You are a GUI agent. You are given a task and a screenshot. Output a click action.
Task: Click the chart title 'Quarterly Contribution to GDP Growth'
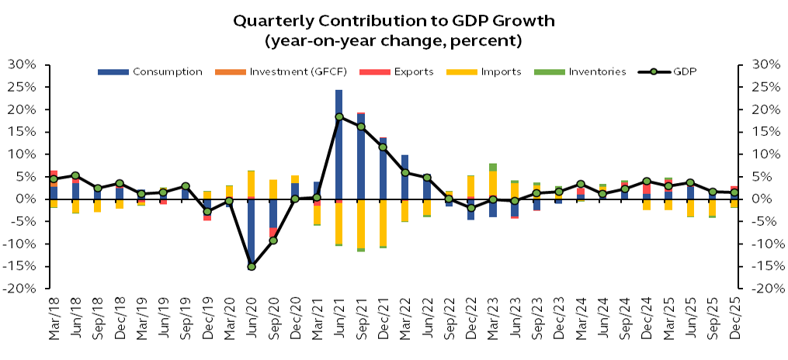(394, 20)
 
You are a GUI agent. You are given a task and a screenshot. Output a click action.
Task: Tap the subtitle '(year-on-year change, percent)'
(394, 39)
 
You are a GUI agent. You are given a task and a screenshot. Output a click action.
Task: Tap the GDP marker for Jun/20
(252, 266)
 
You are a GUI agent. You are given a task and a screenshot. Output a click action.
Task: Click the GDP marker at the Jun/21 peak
(339, 117)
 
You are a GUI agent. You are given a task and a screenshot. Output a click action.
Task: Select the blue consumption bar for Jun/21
(339, 144)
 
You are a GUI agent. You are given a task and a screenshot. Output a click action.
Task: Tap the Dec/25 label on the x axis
(734, 318)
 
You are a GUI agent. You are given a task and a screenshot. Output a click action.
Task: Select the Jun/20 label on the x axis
(252, 318)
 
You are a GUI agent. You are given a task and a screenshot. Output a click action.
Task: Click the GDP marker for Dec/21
(383, 147)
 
